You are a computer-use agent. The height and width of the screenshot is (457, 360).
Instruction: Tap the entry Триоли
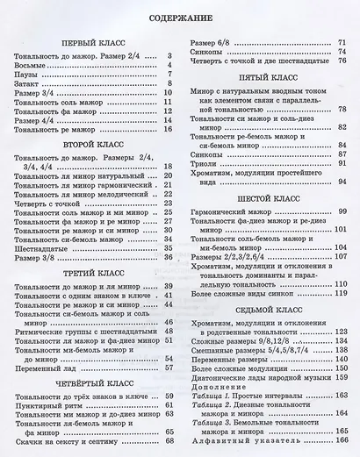[201, 163]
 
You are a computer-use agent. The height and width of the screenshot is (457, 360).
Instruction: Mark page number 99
[343, 214]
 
